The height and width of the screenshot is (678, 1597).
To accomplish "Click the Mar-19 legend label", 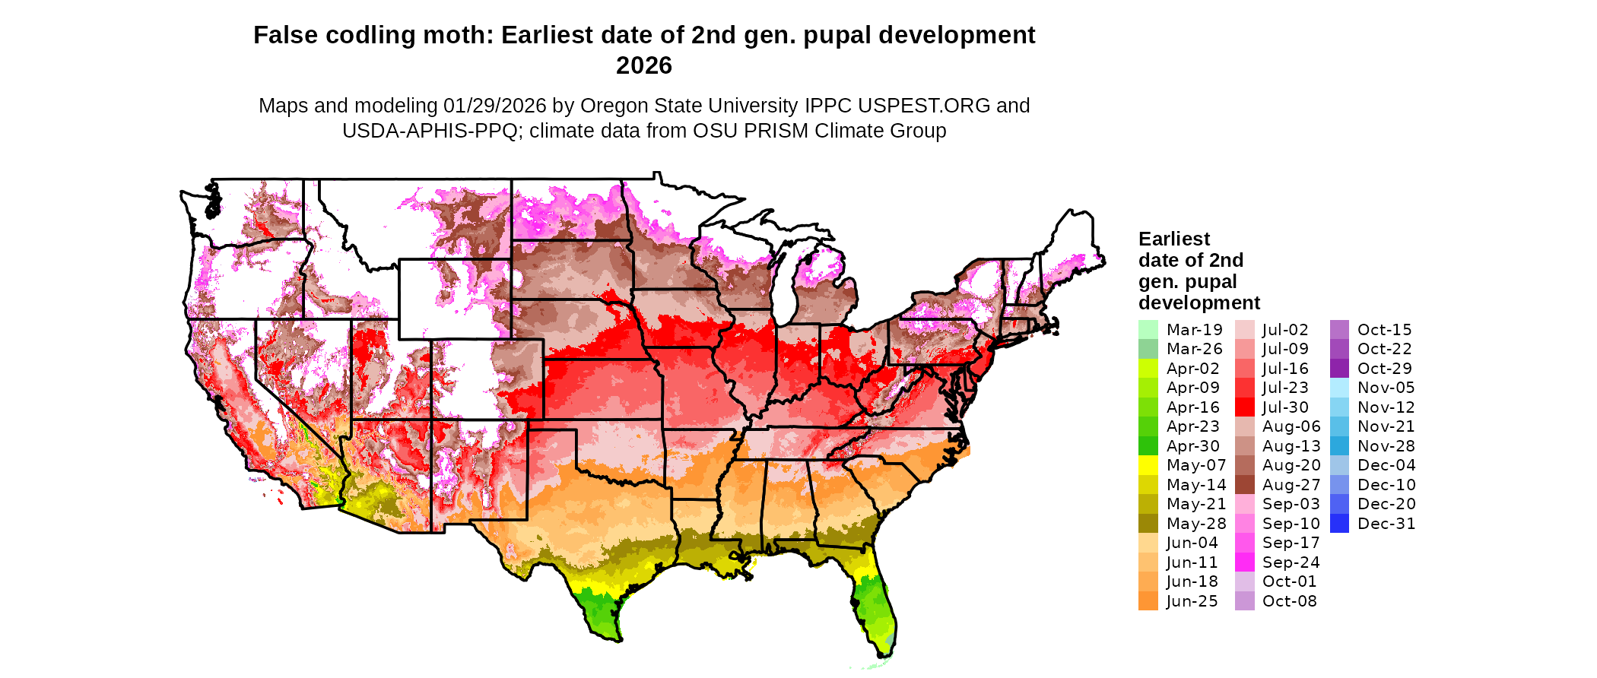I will [x=1194, y=330].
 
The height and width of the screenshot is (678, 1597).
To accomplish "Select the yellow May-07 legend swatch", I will [x=1148, y=465].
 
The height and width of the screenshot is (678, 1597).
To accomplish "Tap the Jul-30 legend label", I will [x=1285, y=407].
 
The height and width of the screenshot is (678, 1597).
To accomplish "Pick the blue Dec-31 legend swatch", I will [x=1339, y=524].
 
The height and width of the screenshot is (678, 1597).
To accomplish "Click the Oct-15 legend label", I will [x=1384, y=330].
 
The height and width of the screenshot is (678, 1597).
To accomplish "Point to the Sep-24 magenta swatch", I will [x=1245, y=562].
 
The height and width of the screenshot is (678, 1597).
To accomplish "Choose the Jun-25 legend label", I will [x=1192, y=601].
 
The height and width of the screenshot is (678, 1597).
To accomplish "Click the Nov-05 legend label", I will [x=1386, y=388].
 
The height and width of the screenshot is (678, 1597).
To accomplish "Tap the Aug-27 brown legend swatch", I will [x=1245, y=485].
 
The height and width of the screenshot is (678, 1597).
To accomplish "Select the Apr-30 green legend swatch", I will [x=1148, y=446].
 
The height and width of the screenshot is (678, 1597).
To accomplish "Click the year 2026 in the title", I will [x=643, y=65].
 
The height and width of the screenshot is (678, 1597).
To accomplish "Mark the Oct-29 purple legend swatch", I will [x=1339, y=369].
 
